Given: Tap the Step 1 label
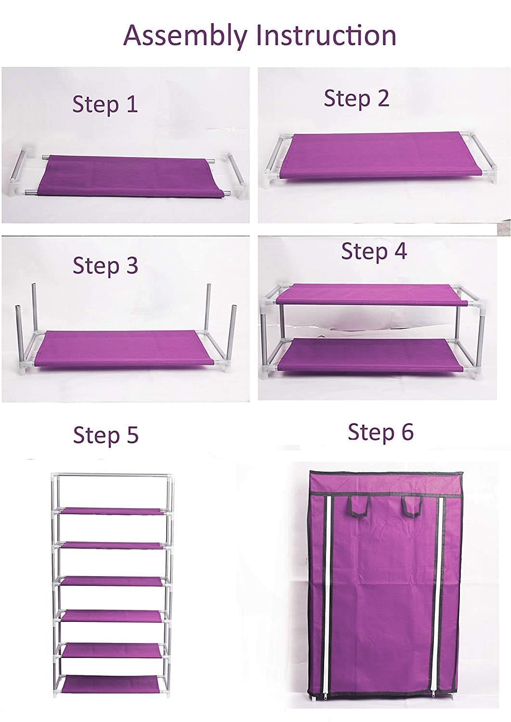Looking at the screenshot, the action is pos(105,105).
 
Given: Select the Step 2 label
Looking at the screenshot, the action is pos(356,98).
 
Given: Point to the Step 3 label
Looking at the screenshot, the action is pos(105,266).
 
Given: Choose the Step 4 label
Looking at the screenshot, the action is pos(374,251).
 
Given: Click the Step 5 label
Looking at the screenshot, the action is pos(106,435).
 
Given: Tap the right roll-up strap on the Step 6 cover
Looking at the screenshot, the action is pos(413,506).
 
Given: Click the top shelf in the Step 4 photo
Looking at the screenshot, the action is pos(371,294).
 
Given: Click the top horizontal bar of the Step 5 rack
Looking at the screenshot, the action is pos(112,475).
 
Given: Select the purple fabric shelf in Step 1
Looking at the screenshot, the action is pos(131,176).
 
